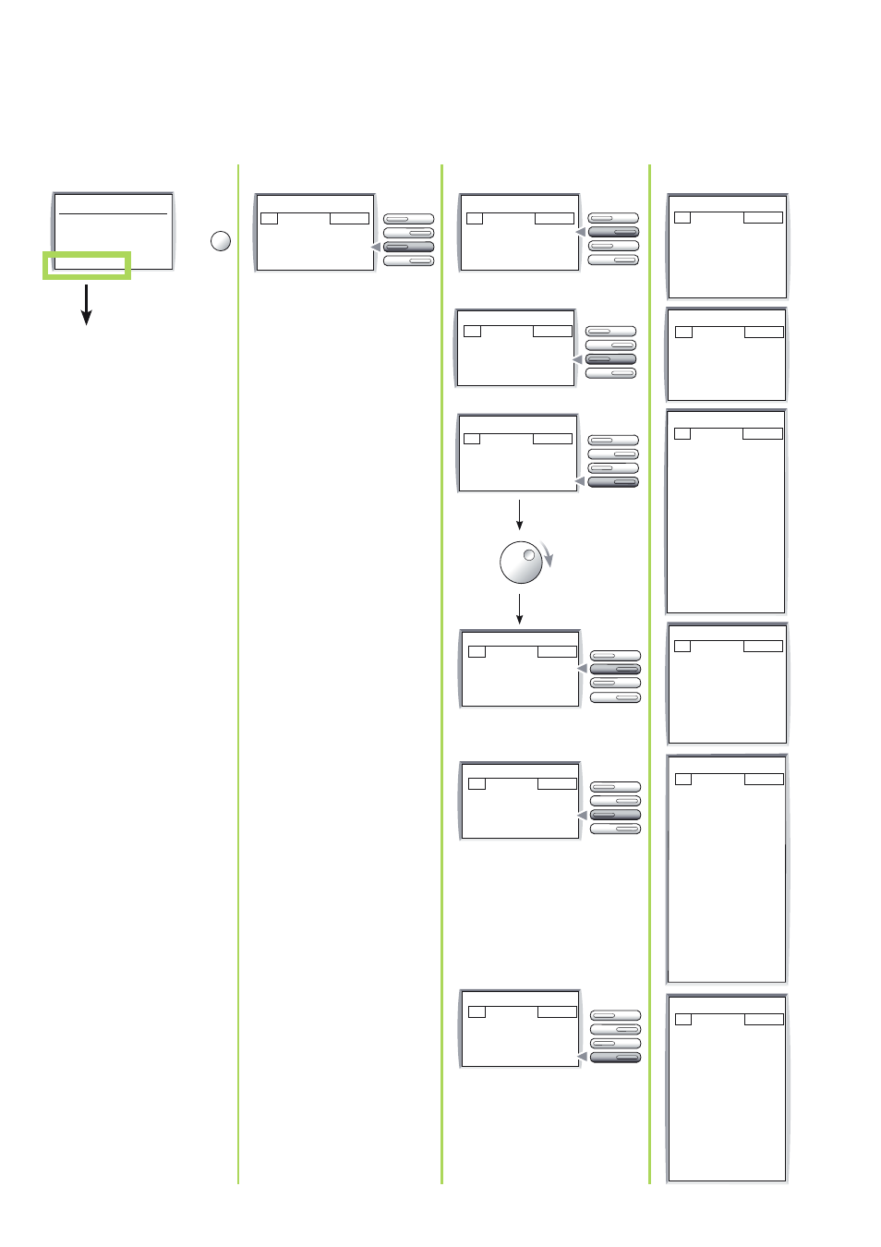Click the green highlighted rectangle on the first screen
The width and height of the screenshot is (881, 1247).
point(87,265)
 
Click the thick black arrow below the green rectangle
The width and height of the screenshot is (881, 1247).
point(87,305)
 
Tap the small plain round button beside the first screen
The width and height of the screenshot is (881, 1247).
point(221,241)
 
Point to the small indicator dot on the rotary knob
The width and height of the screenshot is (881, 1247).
point(529,555)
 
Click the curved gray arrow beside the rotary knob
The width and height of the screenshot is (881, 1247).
point(548,554)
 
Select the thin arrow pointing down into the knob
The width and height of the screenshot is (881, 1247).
point(520,515)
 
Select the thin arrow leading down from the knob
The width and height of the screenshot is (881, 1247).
point(520,609)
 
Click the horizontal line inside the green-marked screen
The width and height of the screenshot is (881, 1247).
point(113,213)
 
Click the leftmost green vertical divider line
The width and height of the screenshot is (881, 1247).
point(238,674)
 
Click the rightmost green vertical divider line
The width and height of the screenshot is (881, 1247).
point(650,674)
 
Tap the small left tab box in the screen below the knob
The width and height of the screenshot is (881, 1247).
point(477,651)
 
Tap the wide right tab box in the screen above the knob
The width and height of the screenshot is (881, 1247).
point(552,439)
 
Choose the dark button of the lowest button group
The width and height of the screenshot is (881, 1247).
point(615,1057)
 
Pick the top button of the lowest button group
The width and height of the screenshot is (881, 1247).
point(615,1015)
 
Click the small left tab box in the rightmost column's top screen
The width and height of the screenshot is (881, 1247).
point(682,218)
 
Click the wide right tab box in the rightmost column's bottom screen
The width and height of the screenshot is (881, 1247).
point(764,1019)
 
